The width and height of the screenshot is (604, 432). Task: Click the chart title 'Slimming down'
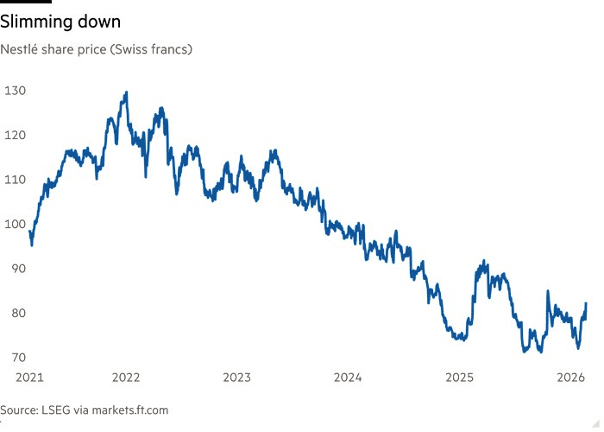(60, 20)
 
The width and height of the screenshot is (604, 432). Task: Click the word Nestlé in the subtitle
(20, 49)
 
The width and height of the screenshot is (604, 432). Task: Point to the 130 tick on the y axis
(15, 91)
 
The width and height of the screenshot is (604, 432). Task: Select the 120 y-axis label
(15, 136)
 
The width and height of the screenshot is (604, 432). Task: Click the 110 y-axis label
(15, 180)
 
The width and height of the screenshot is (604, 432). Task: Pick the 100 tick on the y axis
(15, 225)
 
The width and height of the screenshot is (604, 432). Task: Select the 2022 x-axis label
(126, 378)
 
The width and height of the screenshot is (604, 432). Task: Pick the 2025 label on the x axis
(459, 378)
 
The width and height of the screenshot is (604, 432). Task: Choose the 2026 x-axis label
(570, 378)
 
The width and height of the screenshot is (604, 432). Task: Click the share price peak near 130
(127, 92)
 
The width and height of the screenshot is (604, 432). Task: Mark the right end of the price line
(587, 304)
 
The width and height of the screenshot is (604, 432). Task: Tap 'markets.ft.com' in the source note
(127, 409)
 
